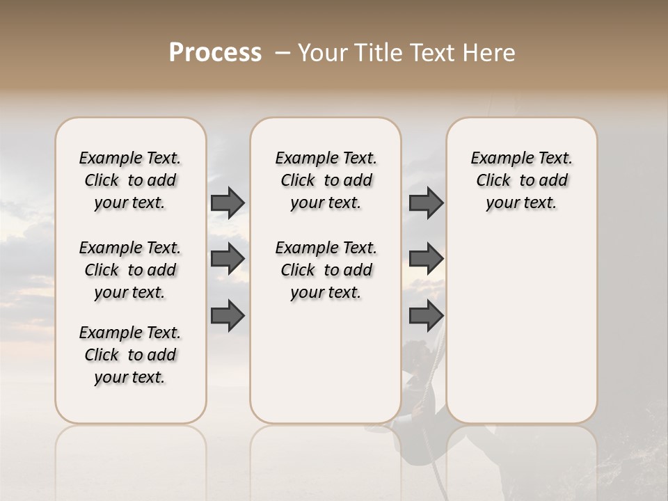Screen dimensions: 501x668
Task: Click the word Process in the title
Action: click(x=215, y=53)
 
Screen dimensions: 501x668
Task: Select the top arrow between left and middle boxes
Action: click(x=228, y=203)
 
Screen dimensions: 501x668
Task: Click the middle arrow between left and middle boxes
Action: click(x=228, y=259)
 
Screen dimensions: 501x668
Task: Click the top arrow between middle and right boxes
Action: click(x=426, y=203)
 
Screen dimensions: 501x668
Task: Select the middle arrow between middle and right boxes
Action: click(x=426, y=259)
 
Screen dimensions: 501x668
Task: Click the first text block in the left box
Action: click(x=130, y=180)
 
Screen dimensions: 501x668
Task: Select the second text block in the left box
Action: click(x=130, y=270)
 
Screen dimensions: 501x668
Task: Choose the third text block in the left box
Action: click(x=130, y=355)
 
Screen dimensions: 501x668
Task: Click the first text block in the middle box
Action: click(x=326, y=180)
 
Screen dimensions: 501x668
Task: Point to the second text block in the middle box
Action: click(x=326, y=270)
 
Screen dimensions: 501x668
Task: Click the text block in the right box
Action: click(x=521, y=180)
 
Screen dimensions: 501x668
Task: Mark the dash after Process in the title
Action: click(x=283, y=53)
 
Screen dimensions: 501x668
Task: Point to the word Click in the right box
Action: click(x=493, y=181)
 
